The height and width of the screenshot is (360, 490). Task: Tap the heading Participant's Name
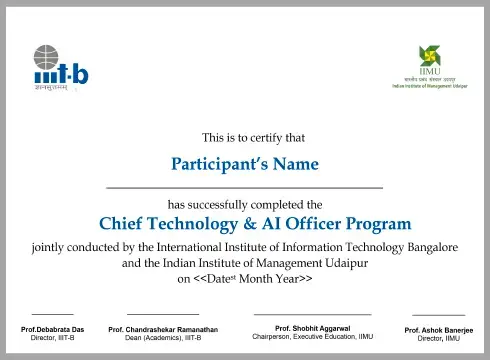tap(245, 163)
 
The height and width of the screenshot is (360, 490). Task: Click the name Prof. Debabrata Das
tap(53, 330)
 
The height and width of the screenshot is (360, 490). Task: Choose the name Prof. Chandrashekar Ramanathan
tap(162, 330)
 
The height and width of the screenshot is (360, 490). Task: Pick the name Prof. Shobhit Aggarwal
tap(312, 328)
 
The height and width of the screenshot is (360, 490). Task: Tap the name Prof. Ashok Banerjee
tap(439, 330)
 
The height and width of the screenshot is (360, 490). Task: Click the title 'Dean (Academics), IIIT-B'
tap(162, 338)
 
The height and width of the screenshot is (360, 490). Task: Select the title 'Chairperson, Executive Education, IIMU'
tap(312, 337)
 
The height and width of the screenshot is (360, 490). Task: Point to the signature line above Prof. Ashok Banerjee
tap(438, 315)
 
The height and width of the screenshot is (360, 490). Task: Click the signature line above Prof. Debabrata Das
tap(53, 314)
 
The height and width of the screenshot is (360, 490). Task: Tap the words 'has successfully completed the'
tap(245, 203)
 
